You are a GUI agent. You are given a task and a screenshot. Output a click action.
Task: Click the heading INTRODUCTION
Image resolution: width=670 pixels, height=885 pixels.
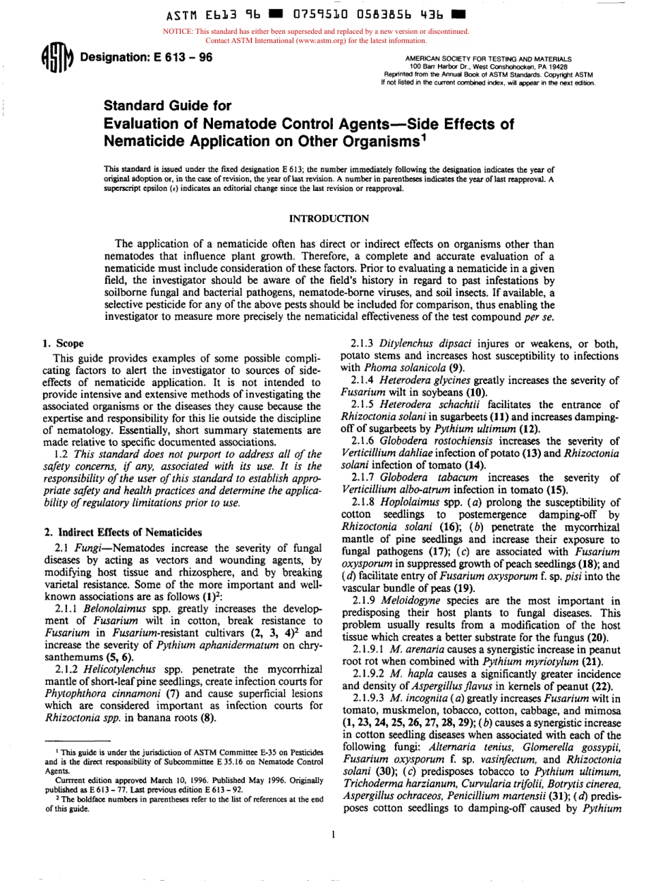tap(334, 219)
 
